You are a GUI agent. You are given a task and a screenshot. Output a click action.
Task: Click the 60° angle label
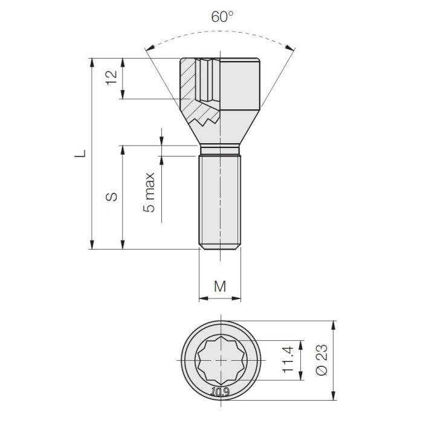coord(222,16)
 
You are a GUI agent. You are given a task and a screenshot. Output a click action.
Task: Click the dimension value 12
coord(111,79)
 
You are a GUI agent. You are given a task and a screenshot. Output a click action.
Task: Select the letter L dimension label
coord(80,153)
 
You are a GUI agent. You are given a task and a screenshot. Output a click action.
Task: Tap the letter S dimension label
coord(111,197)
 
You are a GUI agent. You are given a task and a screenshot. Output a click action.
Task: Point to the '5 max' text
coord(149,193)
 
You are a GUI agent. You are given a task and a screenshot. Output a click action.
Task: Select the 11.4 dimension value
coord(288,359)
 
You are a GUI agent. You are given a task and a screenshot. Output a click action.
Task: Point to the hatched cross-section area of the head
coord(192,91)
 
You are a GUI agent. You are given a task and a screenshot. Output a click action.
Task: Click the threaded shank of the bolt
coord(220,199)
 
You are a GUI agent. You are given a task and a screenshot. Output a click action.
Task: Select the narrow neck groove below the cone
coord(220,149)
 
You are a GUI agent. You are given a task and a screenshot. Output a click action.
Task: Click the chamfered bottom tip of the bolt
coord(220,246)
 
